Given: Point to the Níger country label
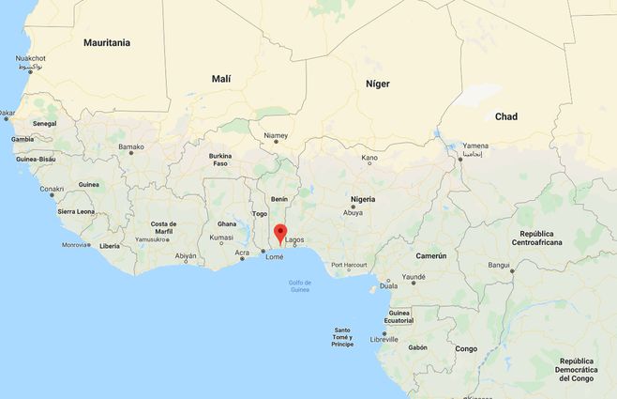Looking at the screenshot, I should coord(377,84).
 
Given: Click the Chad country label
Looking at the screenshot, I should coord(506,116).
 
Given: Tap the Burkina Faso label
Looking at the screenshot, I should coord(220,160).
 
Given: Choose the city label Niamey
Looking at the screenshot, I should coord(276,135).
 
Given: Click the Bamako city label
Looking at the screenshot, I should coord(131,146).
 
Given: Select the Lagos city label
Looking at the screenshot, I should coord(294,239).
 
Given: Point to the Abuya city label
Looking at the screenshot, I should coord(353,212).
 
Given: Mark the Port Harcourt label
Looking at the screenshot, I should coord(349,265).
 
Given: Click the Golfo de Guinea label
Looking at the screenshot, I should coord(300,285).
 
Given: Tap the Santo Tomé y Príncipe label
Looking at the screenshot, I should coord(342,337).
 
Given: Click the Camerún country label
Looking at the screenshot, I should coord(431,255).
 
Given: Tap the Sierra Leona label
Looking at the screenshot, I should coord(77,211).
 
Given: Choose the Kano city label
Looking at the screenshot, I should coord(369,158).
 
